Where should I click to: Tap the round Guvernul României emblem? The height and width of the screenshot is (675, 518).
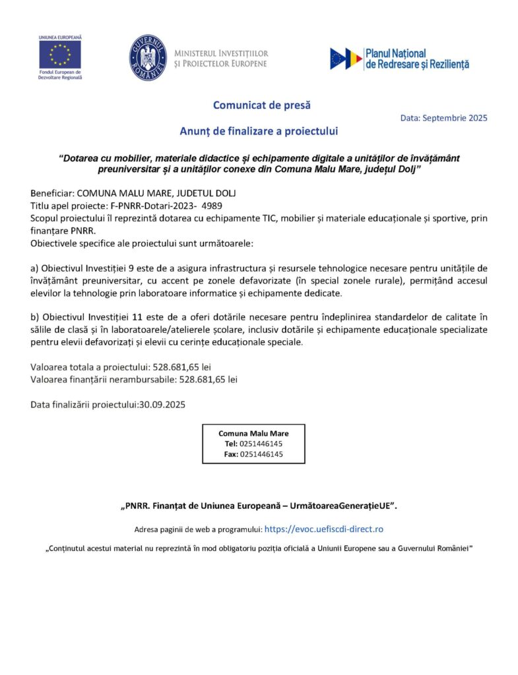[148, 58]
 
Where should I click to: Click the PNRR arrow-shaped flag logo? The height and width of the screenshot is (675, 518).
[346, 59]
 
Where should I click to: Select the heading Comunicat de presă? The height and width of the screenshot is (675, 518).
[261, 105]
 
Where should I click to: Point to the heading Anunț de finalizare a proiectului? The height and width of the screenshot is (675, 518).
[259, 131]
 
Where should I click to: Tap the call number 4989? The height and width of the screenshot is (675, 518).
[212, 206]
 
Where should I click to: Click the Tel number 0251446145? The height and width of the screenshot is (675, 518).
[261, 444]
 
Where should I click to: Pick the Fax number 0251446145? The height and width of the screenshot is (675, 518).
[261, 454]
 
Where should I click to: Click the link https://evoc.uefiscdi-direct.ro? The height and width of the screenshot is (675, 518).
[324, 529]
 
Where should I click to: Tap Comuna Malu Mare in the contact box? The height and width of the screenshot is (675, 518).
[253, 433]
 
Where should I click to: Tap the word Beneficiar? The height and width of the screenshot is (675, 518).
[51, 193]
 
